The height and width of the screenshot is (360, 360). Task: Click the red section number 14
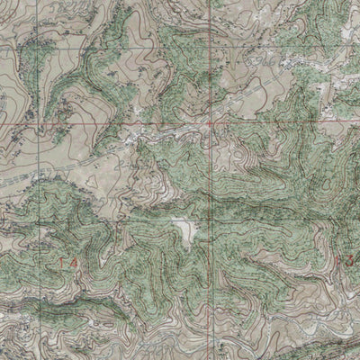(62, 262)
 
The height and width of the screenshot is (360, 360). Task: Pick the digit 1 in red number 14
(58, 262)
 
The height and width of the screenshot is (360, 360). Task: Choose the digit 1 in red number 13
(338, 260)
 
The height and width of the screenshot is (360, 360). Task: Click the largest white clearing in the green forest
(185, 232)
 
